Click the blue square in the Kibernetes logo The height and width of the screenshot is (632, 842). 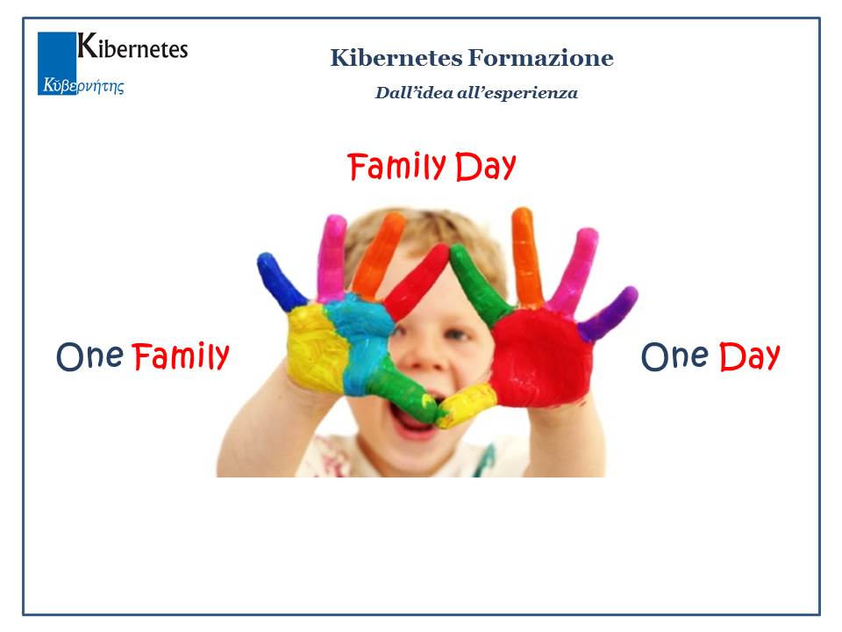pyautogui.click(x=57, y=63)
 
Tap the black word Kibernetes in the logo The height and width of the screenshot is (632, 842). pyautogui.click(x=132, y=47)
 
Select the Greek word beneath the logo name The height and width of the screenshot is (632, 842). pyautogui.click(x=84, y=85)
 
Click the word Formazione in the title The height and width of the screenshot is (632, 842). pyautogui.click(x=540, y=58)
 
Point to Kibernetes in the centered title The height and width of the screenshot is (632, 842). pyautogui.click(x=396, y=58)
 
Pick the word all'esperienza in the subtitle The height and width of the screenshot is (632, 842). pyautogui.click(x=517, y=93)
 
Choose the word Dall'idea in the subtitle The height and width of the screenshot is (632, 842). pyautogui.click(x=413, y=93)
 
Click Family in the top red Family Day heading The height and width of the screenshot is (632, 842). pyautogui.click(x=396, y=167)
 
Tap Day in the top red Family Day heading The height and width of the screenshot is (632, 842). pyautogui.click(x=486, y=167)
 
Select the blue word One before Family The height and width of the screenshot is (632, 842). pyautogui.click(x=89, y=356)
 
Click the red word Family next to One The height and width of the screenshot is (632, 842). pyautogui.click(x=181, y=356)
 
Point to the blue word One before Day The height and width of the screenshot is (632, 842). pyautogui.click(x=675, y=356)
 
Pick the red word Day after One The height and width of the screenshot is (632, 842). pyautogui.click(x=750, y=356)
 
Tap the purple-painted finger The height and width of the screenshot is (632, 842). pyautogui.click(x=609, y=314)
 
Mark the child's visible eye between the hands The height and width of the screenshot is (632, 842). pyautogui.click(x=455, y=334)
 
